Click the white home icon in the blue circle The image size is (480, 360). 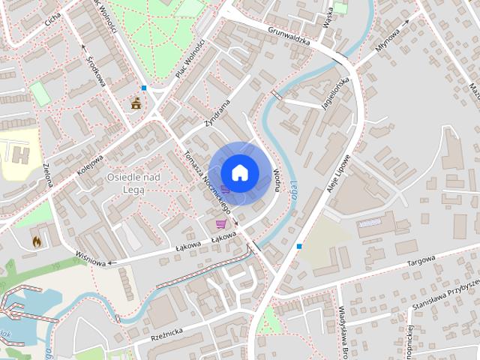tap(239, 172)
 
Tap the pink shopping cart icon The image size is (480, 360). tap(221, 223)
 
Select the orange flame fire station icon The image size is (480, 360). tap(36, 241)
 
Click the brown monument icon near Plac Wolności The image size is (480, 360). tap(136, 103)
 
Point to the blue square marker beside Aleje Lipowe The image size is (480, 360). tap(299, 246)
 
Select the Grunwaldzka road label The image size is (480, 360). tap(289, 34)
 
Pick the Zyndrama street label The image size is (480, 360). tap(216, 112)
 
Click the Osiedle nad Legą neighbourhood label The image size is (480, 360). tap(133, 182)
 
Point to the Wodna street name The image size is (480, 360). tap(277, 180)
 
